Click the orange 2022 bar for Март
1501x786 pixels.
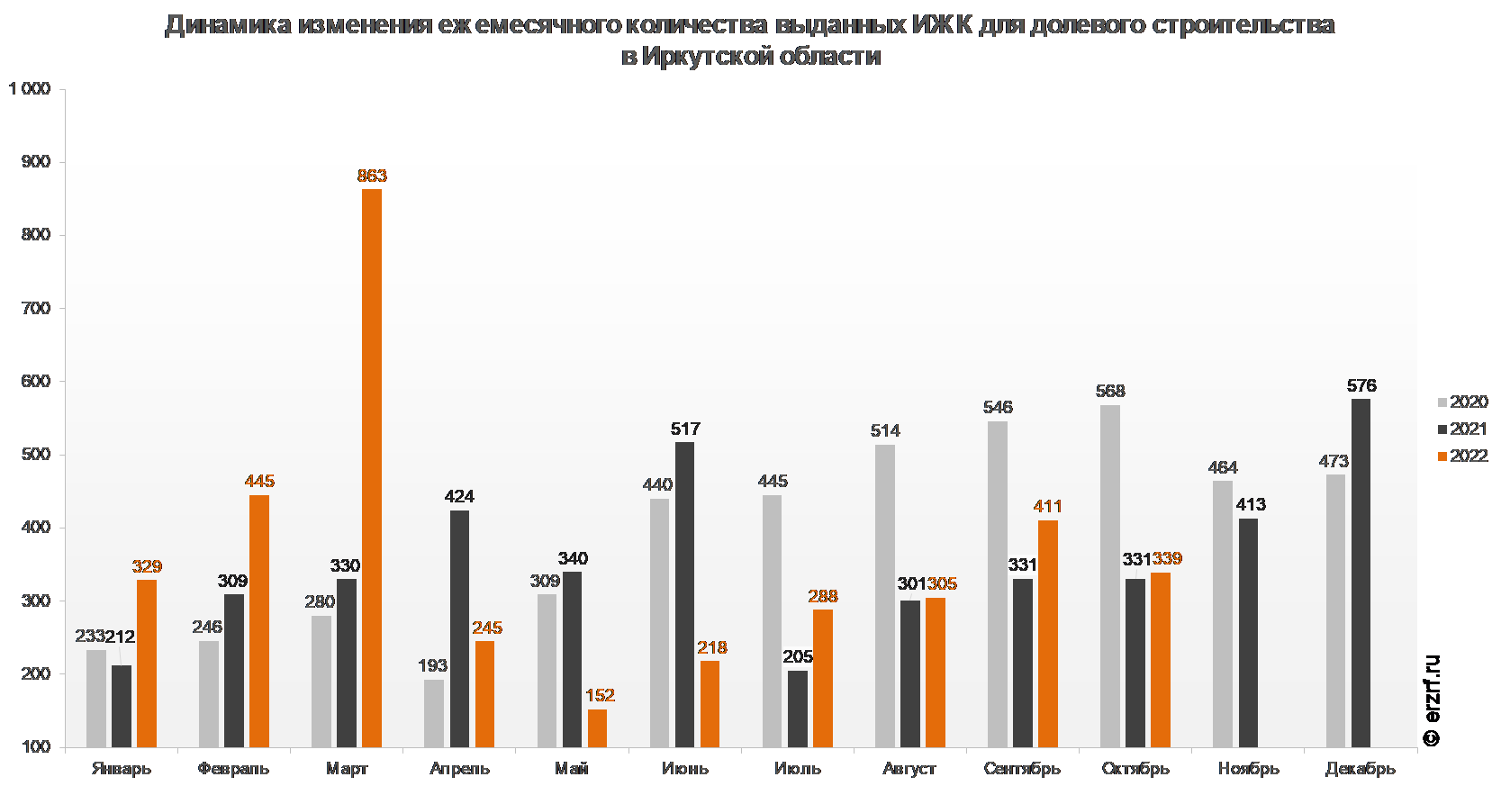(x=372, y=468)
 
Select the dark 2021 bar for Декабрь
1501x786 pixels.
(x=1361, y=573)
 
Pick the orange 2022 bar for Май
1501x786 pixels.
(x=597, y=728)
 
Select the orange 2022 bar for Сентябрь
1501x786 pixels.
(x=1048, y=634)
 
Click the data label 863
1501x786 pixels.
(x=372, y=176)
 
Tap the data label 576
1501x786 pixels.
(x=1361, y=385)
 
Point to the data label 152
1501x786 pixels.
(x=600, y=695)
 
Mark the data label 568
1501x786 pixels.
(x=1110, y=391)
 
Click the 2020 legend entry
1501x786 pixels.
(x=1462, y=402)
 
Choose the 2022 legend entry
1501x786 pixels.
(x=1462, y=456)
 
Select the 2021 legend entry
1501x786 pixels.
(x=1462, y=429)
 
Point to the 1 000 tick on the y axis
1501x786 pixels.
(x=30, y=88)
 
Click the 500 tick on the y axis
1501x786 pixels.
(x=36, y=455)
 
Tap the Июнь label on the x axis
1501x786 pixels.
(x=685, y=769)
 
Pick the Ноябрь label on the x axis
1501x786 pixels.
(x=1248, y=769)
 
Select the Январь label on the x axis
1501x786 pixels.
(x=122, y=769)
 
